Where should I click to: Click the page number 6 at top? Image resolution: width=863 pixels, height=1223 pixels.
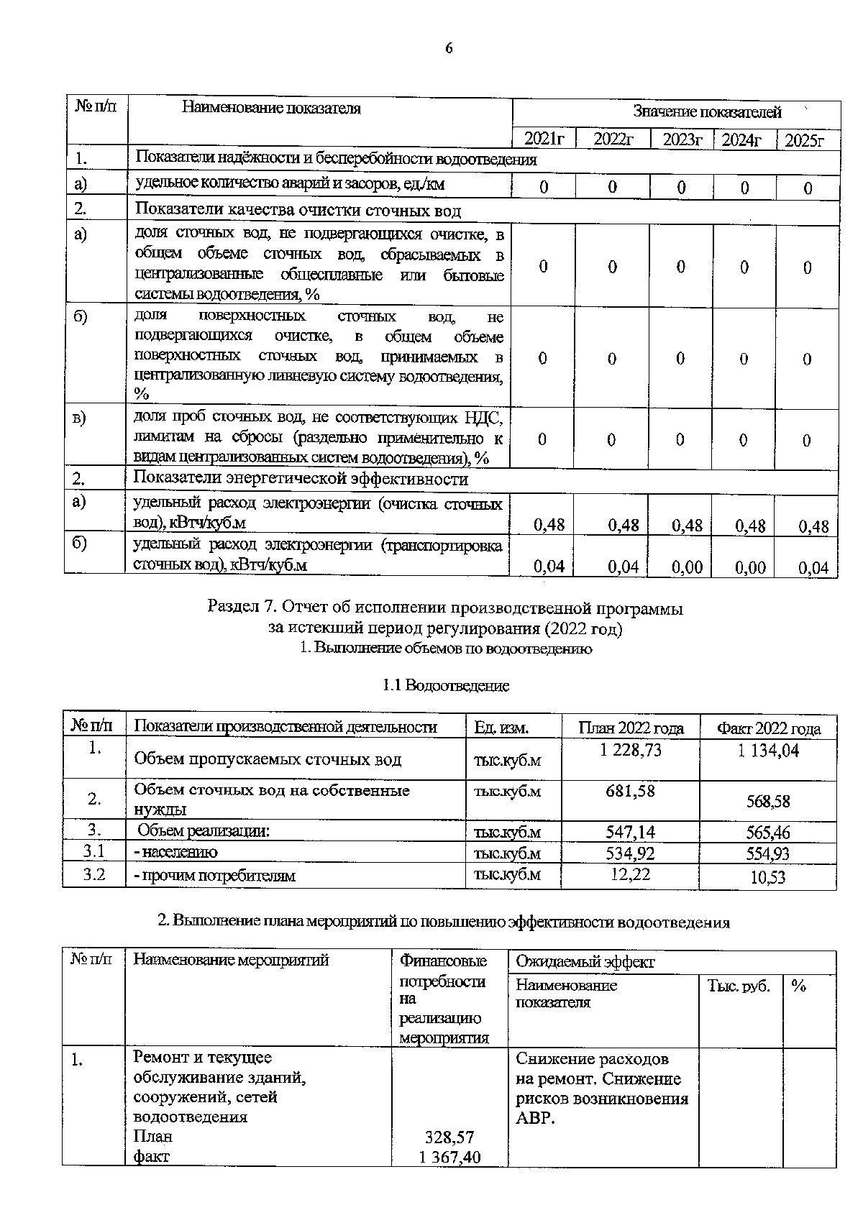click(x=449, y=48)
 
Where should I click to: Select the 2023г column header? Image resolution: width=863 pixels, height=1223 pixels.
click(x=681, y=139)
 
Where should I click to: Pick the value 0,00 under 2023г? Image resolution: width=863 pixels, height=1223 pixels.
click(x=687, y=567)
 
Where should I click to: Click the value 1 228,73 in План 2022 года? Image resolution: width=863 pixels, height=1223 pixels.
click(x=630, y=750)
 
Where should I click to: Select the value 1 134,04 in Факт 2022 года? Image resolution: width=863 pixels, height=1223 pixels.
click(x=768, y=751)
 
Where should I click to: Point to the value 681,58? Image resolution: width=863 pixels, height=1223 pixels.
click(x=630, y=791)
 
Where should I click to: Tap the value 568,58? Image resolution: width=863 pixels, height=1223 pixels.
click(x=768, y=800)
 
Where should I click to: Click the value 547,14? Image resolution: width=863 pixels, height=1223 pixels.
click(x=630, y=832)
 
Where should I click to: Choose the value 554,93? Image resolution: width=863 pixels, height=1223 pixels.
click(x=768, y=853)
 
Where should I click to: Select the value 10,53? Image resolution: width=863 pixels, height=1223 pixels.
click(x=768, y=877)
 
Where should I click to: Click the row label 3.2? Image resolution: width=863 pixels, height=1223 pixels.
click(x=94, y=874)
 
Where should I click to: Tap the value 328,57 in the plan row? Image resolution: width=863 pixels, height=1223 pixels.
click(x=449, y=1137)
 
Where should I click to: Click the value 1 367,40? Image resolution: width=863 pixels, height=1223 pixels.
click(x=449, y=1157)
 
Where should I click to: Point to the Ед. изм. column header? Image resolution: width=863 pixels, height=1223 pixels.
click(x=501, y=728)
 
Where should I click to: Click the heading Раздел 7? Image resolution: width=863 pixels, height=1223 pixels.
click(x=444, y=608)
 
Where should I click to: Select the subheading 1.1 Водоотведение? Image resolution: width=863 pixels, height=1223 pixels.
click(x=446, y=685)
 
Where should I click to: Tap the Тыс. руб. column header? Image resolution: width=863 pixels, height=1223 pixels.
click(x=738, y=986)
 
